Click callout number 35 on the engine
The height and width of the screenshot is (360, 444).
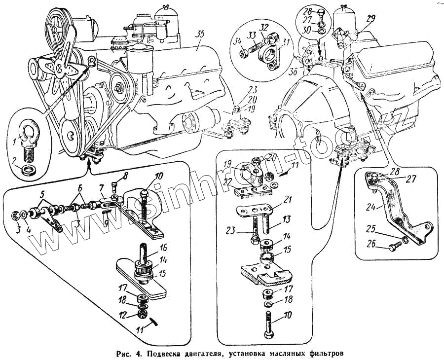coord(199,34)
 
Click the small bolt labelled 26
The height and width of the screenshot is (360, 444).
coord(393,244)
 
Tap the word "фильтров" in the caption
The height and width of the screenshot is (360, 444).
coord(324,353)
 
